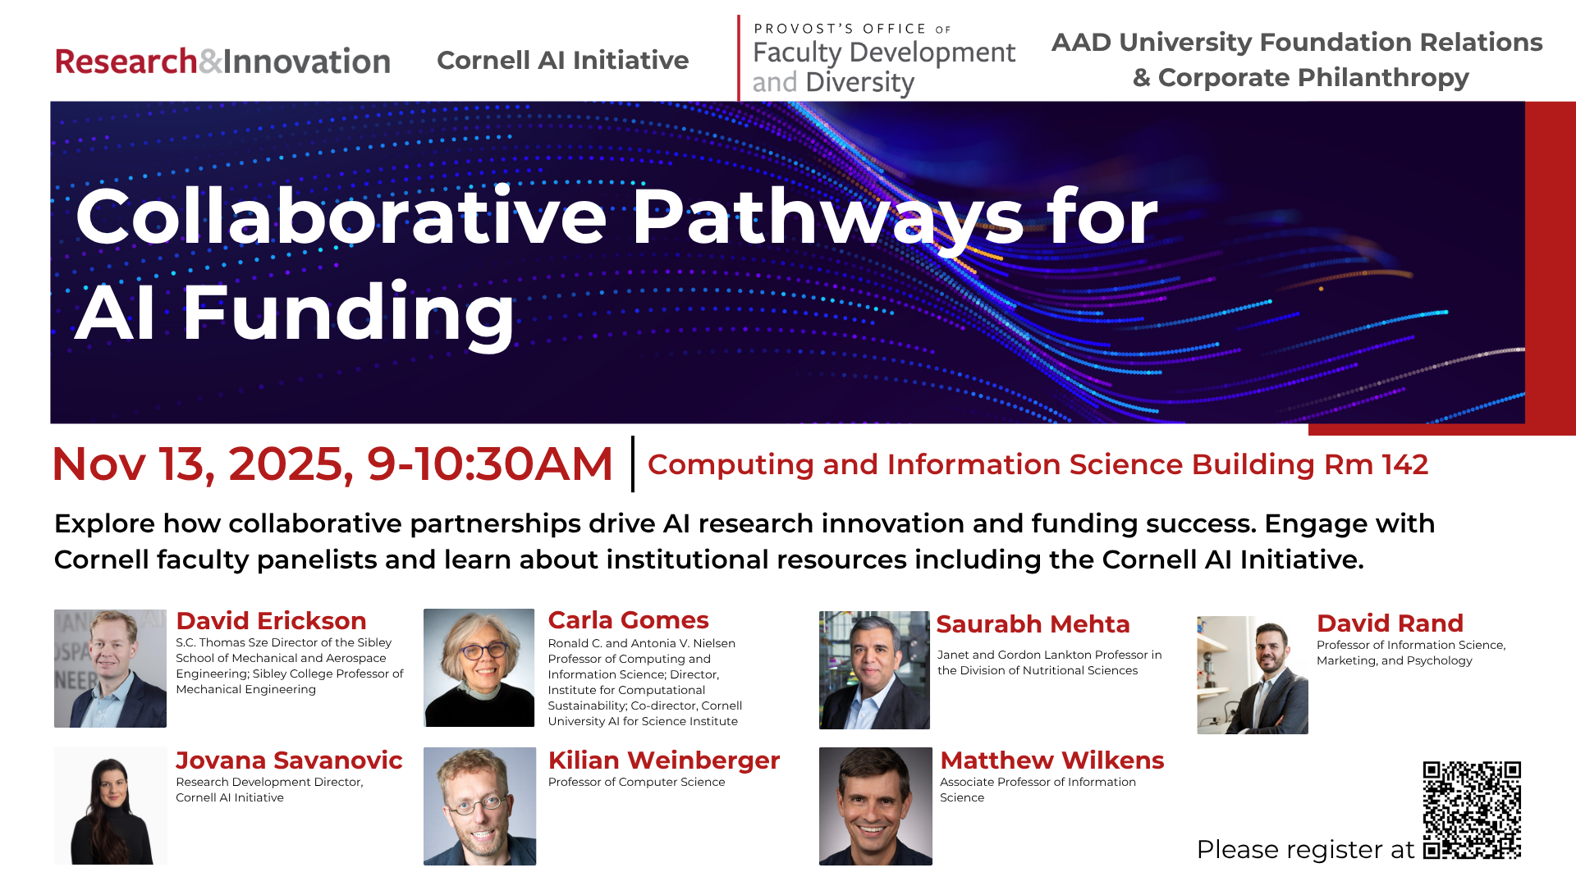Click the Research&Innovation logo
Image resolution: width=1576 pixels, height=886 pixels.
pyautogui.click(x=222, y=62)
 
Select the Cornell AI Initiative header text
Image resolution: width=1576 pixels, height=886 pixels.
pyautogui.click(x=562, y=60)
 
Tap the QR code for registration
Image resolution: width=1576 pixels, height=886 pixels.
pyautogui.click(x=1472, y=810)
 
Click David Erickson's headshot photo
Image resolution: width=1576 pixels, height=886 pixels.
pyautogui.click(x=110, y=669)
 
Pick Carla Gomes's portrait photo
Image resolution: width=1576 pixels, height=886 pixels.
pyautogui.click(x=479, y=668)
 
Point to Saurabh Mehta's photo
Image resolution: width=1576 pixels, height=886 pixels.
pyautogui.click(x=874, y=670)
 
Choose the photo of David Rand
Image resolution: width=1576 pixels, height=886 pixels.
pyautogui.click(x=1253, y=675)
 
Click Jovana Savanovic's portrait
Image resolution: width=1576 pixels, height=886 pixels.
pyautogui.click(x=111, y=806)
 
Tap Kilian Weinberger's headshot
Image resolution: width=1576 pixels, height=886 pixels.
pyautogui.click(x=479, y=806)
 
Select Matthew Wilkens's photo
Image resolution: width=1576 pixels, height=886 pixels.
pyautogui.click(x=875, y=806)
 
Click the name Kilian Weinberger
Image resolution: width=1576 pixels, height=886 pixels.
pyautogui.click(x=663, y=760)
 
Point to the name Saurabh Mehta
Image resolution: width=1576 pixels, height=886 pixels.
pyautogui.click(x=1033, y=624)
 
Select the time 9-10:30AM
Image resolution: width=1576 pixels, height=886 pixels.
pyautogui.click(x=489, y=464)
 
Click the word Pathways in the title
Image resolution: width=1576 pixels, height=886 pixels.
pyautogui.click(x=827, y=217)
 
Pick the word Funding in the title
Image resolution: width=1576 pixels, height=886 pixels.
pyautogui.click(x=348, y=313)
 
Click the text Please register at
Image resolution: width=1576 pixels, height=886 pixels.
pyautogui.click(x=1305, y=850)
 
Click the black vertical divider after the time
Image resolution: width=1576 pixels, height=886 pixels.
pyautogui.click(x=632, y=464)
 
